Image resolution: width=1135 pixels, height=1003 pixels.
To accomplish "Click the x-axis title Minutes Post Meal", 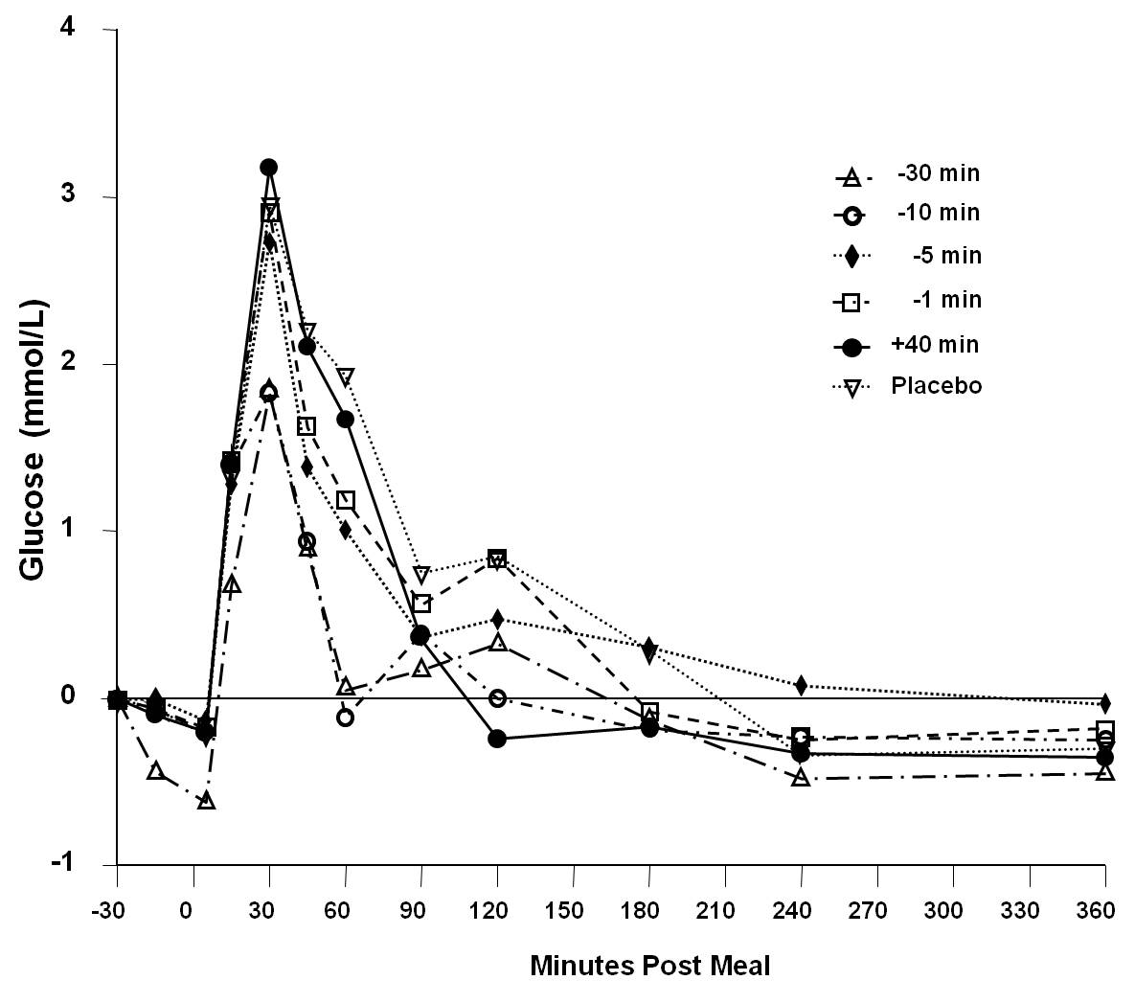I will tap(649, 966).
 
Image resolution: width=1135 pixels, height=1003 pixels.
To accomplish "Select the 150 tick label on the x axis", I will tap(573, 909).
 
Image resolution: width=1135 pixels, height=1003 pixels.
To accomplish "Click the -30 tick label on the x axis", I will tap(116, 909).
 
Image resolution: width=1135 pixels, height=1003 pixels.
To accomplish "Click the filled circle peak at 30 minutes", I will tap(269, 168).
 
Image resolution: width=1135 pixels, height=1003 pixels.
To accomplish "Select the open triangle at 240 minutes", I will tap(801, 778).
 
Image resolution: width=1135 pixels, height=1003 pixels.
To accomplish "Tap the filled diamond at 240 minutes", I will tap(801, 685).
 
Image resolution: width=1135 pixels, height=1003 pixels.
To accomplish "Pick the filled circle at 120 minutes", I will tap(496, 739).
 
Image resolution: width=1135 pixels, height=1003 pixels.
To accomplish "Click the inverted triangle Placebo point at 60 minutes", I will tap(345, 376).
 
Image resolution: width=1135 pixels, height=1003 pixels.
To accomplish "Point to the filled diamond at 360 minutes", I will tap(1105, 703).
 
